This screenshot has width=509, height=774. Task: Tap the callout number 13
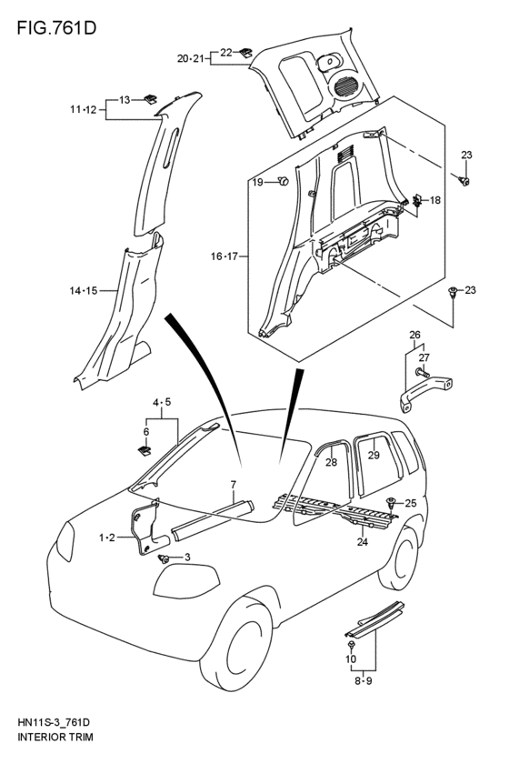(125, 98)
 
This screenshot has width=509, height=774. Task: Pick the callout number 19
(257, 182)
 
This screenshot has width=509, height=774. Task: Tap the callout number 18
(434, 199)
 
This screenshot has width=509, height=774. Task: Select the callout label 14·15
(85, 291)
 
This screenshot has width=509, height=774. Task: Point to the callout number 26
(414, 334)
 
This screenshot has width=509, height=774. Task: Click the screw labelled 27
(423, 373)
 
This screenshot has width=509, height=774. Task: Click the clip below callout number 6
(144, 449)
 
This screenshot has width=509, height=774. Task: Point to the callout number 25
(410, 503)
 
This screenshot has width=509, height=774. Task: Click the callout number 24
(362, 543)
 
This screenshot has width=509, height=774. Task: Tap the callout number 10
(350, 658)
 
